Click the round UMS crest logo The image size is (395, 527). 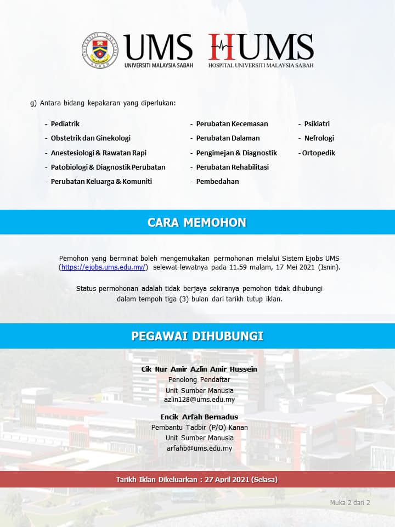(102, 49)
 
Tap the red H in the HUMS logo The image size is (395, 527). (221, 47)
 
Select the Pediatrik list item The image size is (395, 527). (65, 124)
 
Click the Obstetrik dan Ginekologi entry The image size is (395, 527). (91, 138)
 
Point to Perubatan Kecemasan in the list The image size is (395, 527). (232, 124)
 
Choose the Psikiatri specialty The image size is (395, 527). (317, 124)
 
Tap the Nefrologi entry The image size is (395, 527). (319, 138)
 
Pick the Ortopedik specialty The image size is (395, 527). (319, 153)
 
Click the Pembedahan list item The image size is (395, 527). (218, 182)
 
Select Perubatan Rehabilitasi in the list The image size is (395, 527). (233, 167)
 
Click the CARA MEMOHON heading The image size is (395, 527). (197, 222)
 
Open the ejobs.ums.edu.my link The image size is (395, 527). (104, 267)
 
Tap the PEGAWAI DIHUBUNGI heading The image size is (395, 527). (197, 336)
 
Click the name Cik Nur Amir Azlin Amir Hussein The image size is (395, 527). (199, 369)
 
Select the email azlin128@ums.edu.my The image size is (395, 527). (199, 400)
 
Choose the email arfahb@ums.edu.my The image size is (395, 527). (199, 448)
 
